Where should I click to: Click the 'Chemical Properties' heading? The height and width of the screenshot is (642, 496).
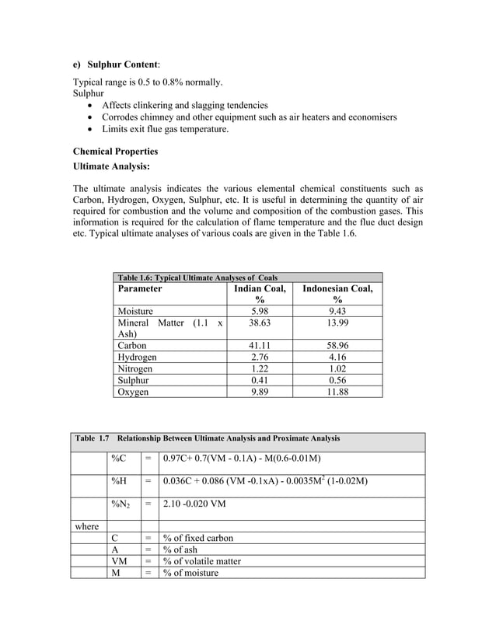[115, 151]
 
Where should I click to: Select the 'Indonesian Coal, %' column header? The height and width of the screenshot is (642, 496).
[337, 294]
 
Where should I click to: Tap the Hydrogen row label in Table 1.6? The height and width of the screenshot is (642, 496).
[137, 358]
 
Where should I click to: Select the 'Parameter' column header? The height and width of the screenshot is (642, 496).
[140, 288]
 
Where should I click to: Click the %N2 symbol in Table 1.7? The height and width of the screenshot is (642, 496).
[121, 504]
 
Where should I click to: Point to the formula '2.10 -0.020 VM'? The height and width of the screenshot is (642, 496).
[194, 504]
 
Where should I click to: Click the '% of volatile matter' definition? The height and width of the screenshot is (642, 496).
[201, 561]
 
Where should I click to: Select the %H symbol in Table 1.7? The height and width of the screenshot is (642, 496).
[120, 482]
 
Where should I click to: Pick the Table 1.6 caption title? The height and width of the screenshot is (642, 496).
[197, 277]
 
